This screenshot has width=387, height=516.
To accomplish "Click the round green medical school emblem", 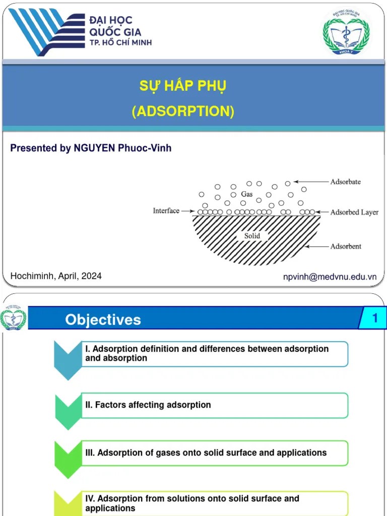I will (346, 32).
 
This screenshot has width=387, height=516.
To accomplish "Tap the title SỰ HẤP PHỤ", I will (183, 86).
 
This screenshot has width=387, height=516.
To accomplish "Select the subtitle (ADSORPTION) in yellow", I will (183, 111).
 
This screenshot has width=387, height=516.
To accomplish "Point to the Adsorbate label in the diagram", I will (345, 181).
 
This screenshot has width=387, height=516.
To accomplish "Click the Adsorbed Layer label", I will (354, 212).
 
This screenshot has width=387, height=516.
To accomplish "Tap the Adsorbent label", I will (346, 246).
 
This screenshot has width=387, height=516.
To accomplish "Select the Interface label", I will (166, 211).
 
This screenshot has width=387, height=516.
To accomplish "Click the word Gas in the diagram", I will (246, 193).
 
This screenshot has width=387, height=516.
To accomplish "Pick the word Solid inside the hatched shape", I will (252, 236).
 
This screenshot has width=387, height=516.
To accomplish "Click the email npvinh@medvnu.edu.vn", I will (330, 277).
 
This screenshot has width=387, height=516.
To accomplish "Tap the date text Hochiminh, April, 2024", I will (56, 276).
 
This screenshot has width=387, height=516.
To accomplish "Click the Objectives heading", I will (103, 320).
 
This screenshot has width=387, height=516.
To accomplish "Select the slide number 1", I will (375, 318).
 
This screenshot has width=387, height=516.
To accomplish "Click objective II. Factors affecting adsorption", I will (148, 405).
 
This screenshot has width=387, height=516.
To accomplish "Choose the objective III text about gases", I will (206, 453).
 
